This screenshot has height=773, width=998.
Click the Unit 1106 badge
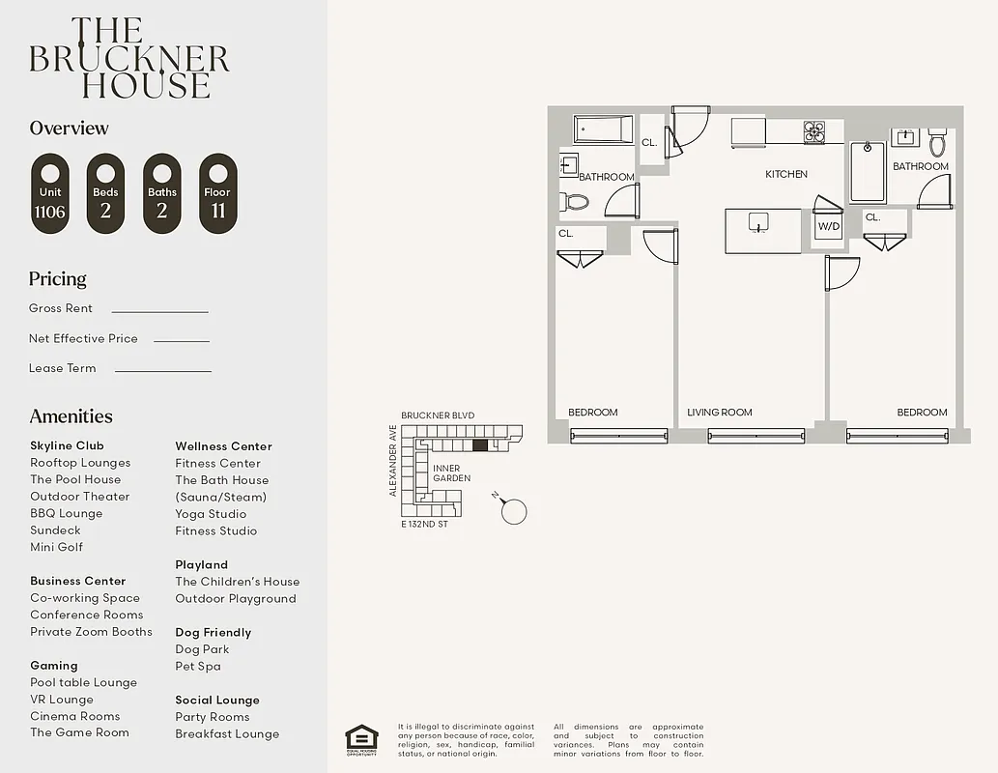pyautogui.click(x=49, y=193)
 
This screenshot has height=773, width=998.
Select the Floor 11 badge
pyautogui.click(x=217, y=193)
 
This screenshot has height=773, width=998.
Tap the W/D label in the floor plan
pyautogui.click(x=829, y=227)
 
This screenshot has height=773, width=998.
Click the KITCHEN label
pyautogui.click(x=786, y=174)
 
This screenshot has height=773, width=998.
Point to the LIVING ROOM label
pyautogui.click(x=719, y=413)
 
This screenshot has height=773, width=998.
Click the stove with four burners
pyautogui.click(x=814, y=132)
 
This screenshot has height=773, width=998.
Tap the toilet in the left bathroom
pyautogui.click(x=577, y=201)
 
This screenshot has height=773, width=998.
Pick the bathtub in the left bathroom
pyautogui.click(x=603, y=129)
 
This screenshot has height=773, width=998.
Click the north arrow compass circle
pyautogui.click(x=514, y=511)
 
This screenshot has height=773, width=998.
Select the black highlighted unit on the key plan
pyautogui.click(x=480, y=445)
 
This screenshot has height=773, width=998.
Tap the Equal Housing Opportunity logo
pyautogui.click(x=361, y=739)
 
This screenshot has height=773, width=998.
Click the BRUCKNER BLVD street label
pyautogui.click(x=438, y=415)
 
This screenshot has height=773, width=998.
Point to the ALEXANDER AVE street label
pyautogui.click(x=393, y=460)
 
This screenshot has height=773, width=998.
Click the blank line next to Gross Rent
pyautogui.click(x=159, y=311)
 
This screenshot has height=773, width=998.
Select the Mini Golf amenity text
pyautogui.click(x=56, y=547)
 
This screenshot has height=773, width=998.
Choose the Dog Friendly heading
pyautogui.click(x=213, y=633)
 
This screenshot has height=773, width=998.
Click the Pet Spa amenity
pyautogui.click(x=198, y=666)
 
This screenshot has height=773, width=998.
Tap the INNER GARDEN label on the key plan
pyautogui.click(x=451, y=472)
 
